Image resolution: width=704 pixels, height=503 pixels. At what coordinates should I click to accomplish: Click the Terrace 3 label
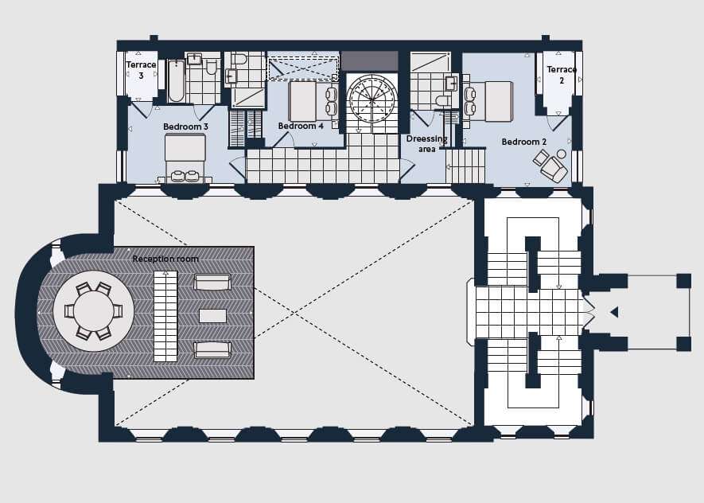(141, 70)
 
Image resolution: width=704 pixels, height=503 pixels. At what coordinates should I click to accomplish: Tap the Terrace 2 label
(562, 75)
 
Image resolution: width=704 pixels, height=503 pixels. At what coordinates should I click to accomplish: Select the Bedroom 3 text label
(185, 127)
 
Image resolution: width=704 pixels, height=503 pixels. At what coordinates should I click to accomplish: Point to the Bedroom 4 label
(301, 126)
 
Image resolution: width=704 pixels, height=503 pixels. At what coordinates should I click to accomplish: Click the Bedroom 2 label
(524, 142)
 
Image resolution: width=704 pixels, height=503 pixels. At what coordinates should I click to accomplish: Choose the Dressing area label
(427, 144)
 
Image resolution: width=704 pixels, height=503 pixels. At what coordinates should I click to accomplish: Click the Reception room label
(165, 259)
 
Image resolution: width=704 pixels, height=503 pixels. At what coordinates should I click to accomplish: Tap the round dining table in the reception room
(94, 310)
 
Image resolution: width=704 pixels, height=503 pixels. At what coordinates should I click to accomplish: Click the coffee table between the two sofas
(213, 316)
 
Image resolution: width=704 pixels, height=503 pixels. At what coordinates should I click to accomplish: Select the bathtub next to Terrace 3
(176, 81)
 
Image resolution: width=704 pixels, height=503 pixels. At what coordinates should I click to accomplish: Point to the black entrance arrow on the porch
(614, 312)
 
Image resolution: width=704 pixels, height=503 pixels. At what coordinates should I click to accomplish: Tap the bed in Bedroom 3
(185, 158)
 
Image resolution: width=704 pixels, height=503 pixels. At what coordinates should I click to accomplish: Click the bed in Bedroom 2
(488, 102)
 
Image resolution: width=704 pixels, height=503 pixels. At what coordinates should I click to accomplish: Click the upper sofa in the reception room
(212, 282)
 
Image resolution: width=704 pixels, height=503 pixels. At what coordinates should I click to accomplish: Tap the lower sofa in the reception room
(212, 350)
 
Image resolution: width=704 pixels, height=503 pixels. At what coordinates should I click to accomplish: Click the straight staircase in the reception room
(165, 316)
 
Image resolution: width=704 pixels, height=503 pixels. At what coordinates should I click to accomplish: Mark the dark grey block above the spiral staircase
(370, 60)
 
